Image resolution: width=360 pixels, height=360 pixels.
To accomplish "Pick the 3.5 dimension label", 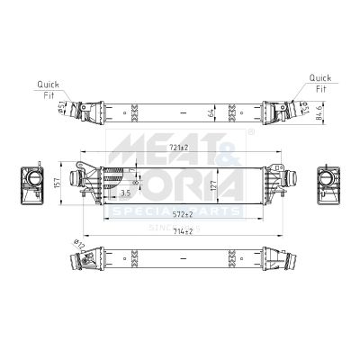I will (125, 193).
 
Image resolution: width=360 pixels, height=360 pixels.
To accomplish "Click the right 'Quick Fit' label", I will (319, 82).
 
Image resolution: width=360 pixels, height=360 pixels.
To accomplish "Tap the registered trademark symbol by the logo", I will (250, 132).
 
